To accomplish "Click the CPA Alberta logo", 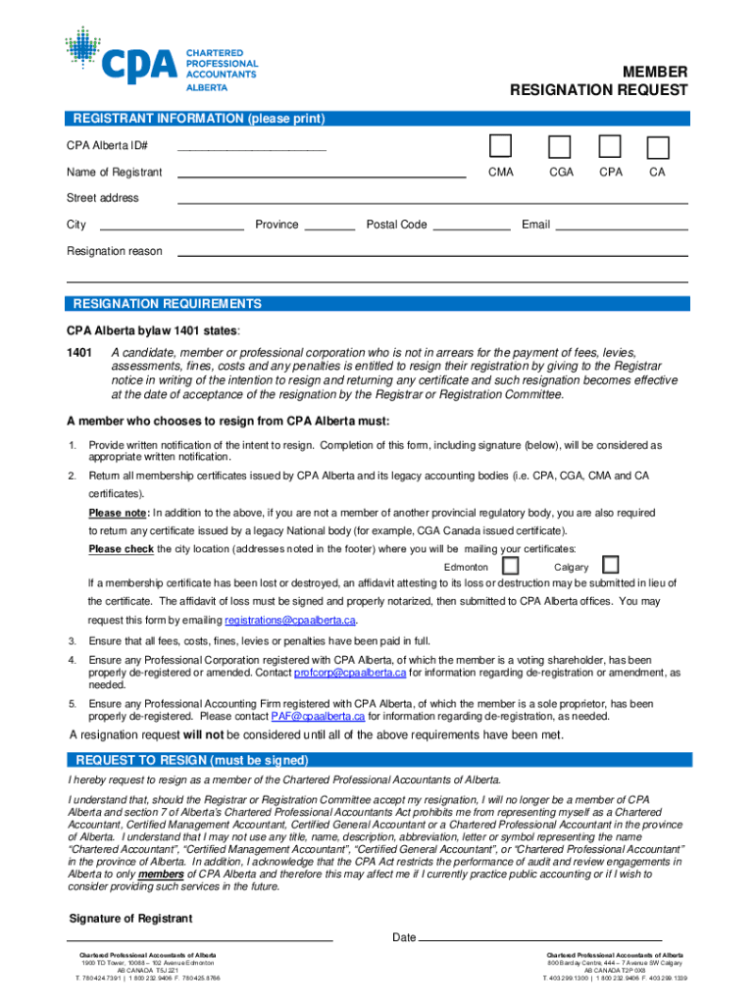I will click(x=161, y=59).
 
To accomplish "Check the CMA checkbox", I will click(x=501, y=147).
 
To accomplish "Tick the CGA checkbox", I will click(x=560, y=147).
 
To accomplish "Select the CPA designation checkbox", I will click(x=610, y=147).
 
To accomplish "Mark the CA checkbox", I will click(x=658, y=148).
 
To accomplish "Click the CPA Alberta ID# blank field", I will click(x=250, y=147).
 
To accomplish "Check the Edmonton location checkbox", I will click(x=510, y=566).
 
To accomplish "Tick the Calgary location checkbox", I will click(x=611, y=565).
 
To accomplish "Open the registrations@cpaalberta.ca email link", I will click(x=289, y=621).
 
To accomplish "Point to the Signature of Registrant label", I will click(x=130, y=919).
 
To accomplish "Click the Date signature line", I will click(x=539, y=939).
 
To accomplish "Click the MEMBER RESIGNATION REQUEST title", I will click(x=598, y=81).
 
